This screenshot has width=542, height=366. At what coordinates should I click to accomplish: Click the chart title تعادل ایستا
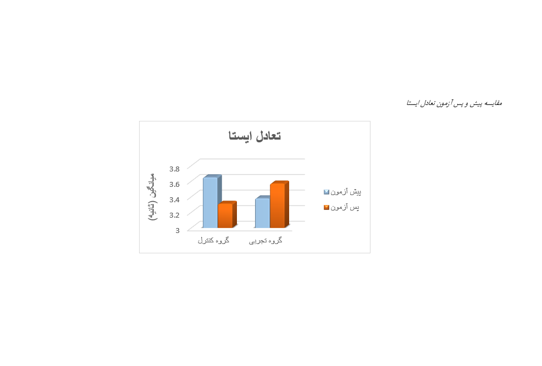tap(255, 136)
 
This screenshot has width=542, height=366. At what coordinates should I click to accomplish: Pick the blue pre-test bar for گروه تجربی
tap(262, 212)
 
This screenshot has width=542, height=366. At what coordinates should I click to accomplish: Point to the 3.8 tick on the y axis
tap(174, 169)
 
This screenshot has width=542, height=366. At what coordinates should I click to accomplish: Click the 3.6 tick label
tap(174, 184)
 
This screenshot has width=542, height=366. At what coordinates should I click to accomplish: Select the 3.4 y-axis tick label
tap(174, 199)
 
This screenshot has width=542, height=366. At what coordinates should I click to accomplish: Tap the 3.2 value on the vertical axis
tap(174, 215)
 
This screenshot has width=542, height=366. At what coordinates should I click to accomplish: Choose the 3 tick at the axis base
tap(178, 230)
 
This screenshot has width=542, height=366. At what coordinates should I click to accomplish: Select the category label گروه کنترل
tap(214, 240)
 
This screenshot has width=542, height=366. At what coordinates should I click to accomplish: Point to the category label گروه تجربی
tap(266, 241)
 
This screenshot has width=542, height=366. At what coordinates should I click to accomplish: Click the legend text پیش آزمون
tap(346, 192)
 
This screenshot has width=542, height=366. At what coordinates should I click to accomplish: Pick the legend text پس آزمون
tap(345, 207)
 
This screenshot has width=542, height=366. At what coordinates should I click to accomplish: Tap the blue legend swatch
tap(327, 192)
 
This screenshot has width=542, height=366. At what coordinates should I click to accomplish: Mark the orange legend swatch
tap(327, 207)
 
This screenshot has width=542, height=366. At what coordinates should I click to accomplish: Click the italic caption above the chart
tap(454, 103)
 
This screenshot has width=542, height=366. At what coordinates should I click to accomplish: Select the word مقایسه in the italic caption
tap(493, 103)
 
